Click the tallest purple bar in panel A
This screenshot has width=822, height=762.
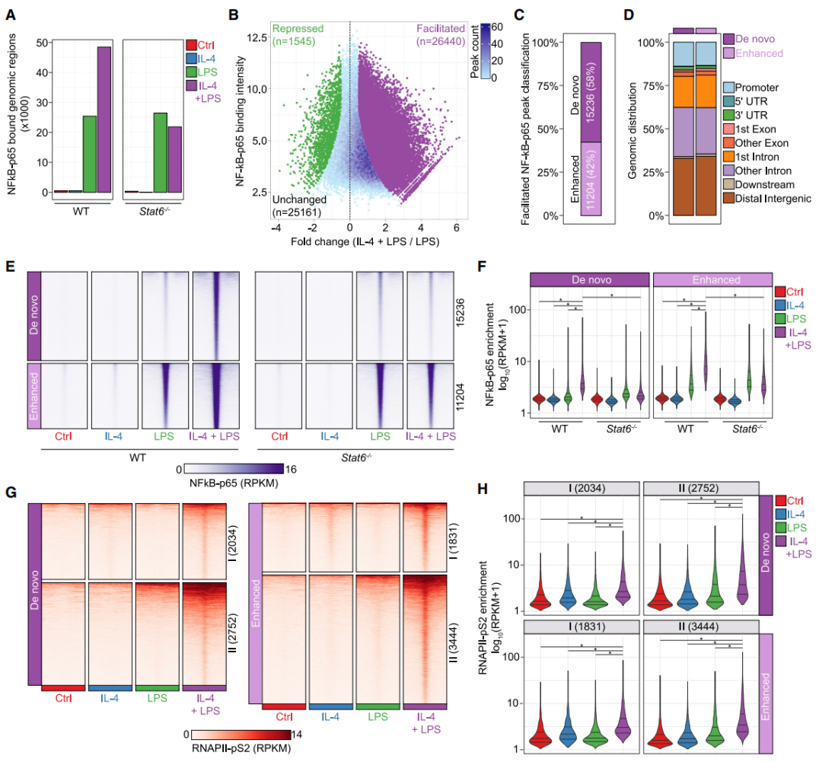[104, 122]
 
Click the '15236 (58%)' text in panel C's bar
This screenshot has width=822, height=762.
[591, 92]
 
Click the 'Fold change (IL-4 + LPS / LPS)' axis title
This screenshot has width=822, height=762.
[346, 241]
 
